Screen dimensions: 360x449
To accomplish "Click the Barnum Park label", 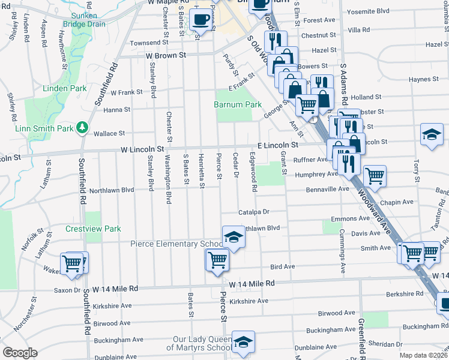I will point(238,104).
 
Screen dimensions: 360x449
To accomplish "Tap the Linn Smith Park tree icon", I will point(83,128).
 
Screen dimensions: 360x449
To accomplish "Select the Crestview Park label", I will point(93,229).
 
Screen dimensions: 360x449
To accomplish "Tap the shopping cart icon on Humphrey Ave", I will point(375,175).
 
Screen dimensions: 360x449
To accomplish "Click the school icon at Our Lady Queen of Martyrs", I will point(243,341).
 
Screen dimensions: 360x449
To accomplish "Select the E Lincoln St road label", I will point(278,145).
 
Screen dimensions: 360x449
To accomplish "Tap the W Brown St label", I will point(163,55).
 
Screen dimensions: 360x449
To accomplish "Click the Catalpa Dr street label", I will point(254,212).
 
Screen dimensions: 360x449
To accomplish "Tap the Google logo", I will point(20,353).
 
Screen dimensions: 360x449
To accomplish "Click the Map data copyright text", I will point(424,355).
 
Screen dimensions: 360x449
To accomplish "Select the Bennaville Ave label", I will point(327,188).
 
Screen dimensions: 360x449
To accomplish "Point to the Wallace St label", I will point(109,134).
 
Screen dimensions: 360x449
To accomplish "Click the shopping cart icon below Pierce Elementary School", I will point(217,260).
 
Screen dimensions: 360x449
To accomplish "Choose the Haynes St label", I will point(423,79).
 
